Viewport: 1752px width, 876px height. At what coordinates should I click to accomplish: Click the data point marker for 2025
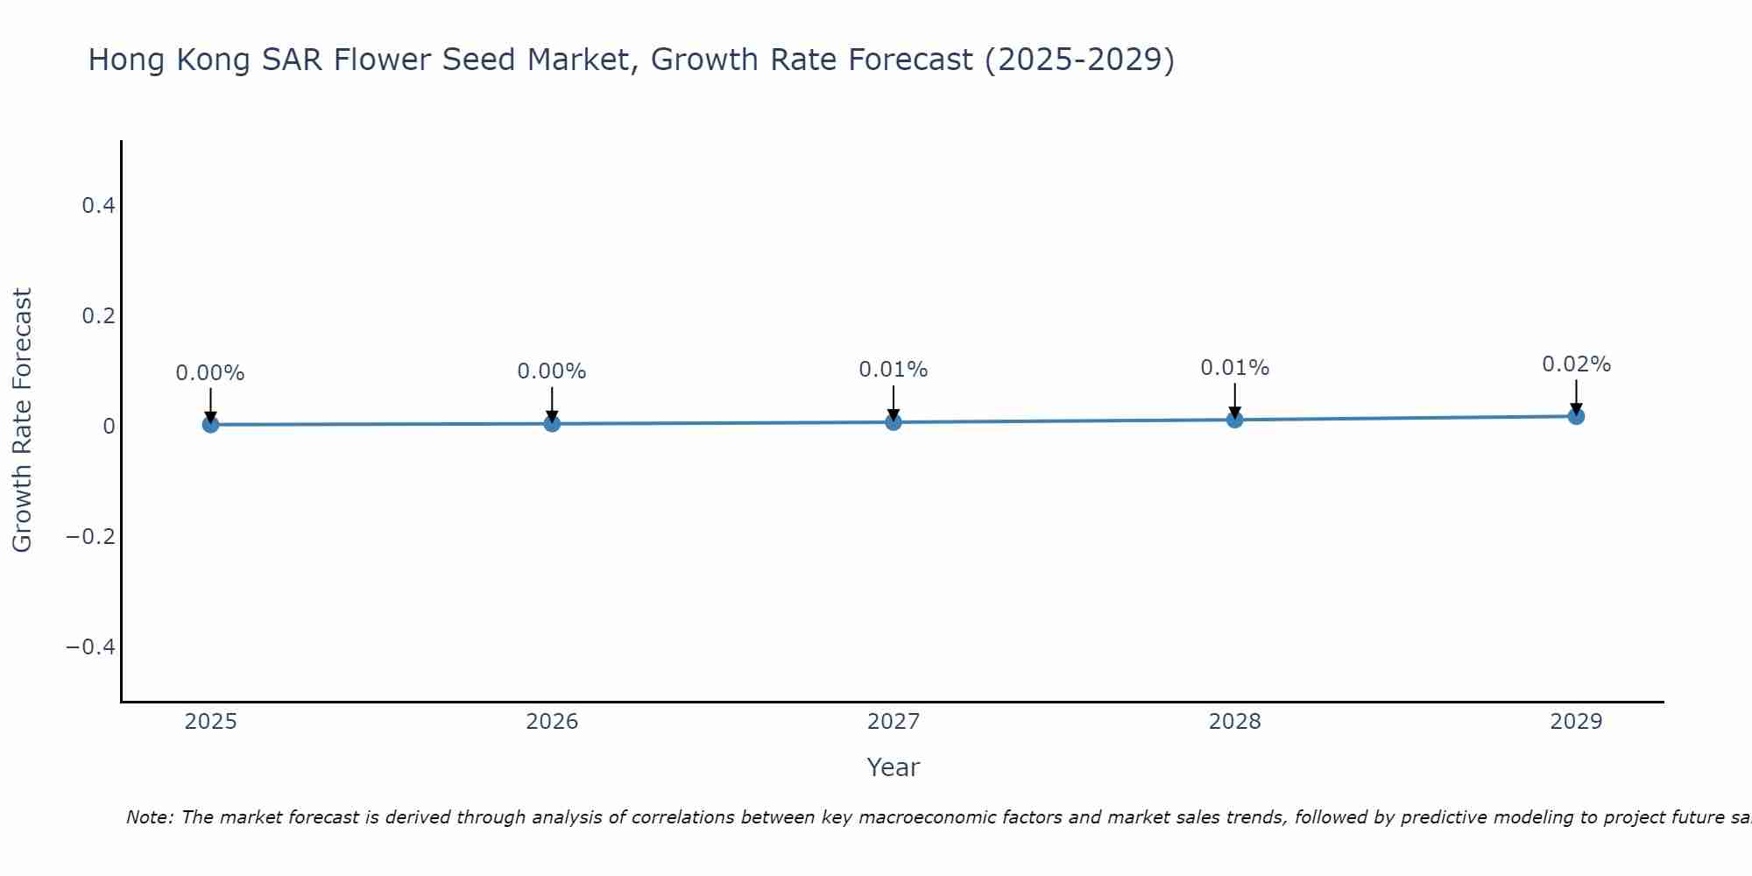[x=210, y=425]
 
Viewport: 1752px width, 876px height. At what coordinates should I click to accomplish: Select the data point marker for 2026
[x=552, y=424]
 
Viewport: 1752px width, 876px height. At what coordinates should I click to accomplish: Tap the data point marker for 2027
[x=894, y=422]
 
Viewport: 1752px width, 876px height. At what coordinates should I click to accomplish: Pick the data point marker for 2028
[x=1235, y=420]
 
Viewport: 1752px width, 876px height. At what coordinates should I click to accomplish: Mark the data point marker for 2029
[x=1576, y=416]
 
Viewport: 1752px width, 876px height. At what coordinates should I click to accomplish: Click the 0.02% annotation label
[x=1576, y=364]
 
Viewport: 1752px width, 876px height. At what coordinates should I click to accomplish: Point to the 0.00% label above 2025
[x=210, y=373]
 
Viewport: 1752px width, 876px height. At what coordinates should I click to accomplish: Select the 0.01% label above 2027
[x=894, y=370]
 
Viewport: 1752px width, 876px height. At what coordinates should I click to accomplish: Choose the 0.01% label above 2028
[x=1235, y=368]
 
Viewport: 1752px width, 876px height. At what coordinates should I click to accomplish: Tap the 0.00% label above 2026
[x=552, y=371]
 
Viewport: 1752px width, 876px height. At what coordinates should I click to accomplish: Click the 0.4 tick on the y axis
[x=98, y=206]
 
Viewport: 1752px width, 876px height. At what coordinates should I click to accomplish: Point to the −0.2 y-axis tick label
[x=91, y=536]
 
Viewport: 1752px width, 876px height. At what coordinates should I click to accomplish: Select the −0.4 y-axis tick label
[x=91, y=646]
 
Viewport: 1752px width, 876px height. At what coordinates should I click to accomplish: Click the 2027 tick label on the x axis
[x=894, y=722]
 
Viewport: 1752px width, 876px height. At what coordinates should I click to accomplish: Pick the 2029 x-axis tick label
[x=1576, y=722]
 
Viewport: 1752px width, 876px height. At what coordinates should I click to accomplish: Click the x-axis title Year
[x=894, y=767]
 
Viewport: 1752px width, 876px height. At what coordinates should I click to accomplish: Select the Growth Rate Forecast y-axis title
[x=22, y=420]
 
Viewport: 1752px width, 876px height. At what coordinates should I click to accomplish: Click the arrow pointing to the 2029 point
[x=1576, y=397]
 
